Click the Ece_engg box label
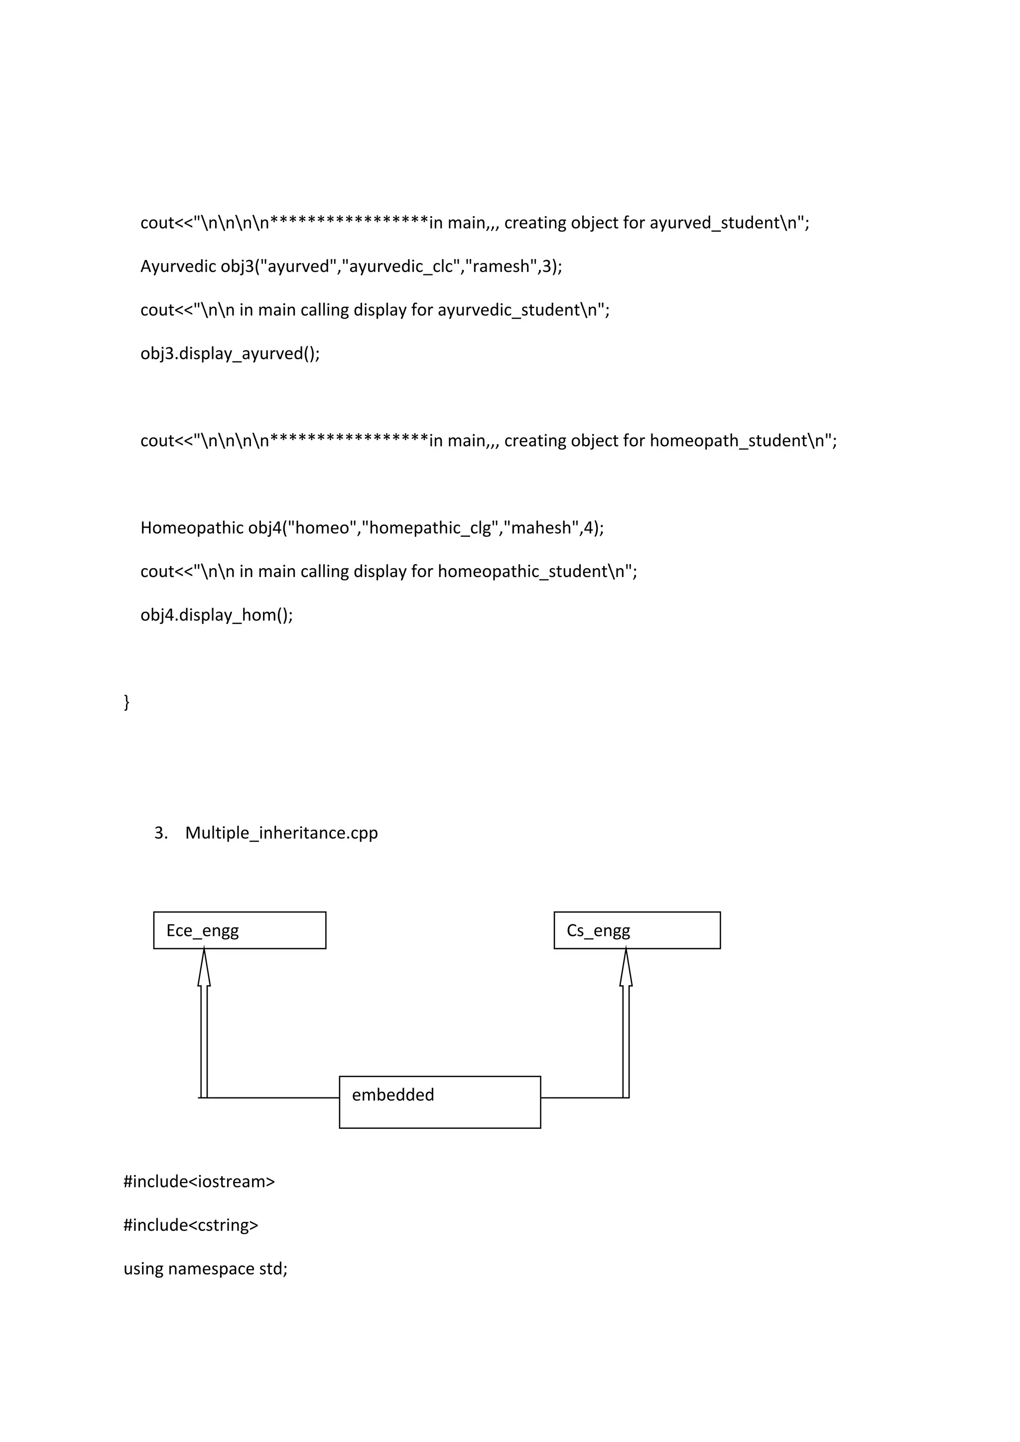point(202,930)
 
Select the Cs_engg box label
point(598,930)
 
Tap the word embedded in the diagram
point(392,1094)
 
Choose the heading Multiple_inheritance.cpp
point(281,833)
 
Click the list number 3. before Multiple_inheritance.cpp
point(161,833)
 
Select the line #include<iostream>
point(199,1182)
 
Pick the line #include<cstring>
point(191,1225)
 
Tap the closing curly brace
point(127,702)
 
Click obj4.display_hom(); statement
point(217,614)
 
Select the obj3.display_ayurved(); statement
point(230,354)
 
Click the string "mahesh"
point(541,528)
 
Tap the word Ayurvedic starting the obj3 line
point(178,266)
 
